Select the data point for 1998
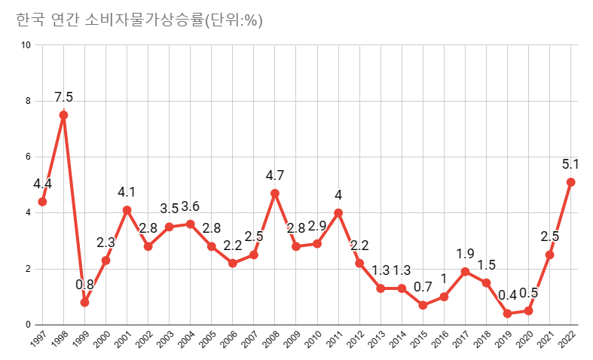tap(63, 115)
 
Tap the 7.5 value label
tap(63, 97)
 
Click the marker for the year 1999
tap(84, 302)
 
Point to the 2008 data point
tap(275, 194)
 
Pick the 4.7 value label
tap(275, 175)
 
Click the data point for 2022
tap(570, 182)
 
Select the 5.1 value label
tap(570, 163)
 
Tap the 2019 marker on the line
tap(507, 313)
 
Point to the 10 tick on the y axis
tap(26, 45)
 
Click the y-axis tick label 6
tap(29, 157)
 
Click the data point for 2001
tap(127, 210)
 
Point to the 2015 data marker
tap(423, 305)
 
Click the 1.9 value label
tap(465, 254)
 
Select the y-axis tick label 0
tap(29, 325)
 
